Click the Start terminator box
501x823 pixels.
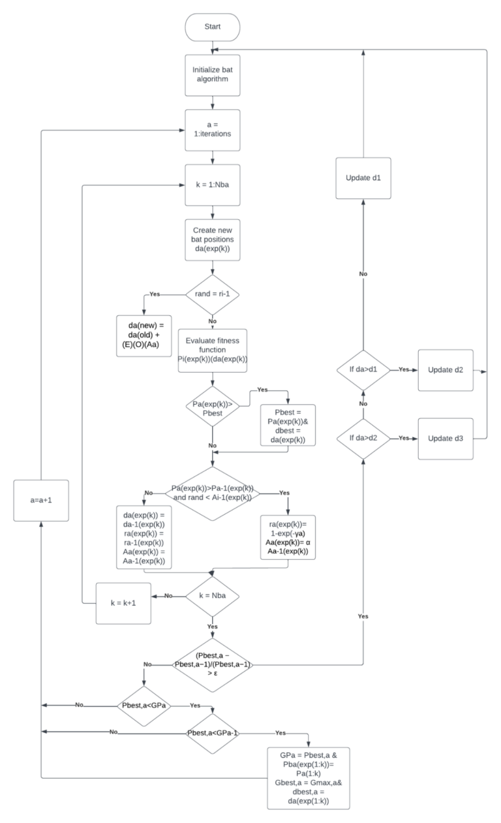(213, 27)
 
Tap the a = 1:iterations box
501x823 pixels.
(213, 130)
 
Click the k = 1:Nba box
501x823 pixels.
(213, 185)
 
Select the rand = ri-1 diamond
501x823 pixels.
(213, 294)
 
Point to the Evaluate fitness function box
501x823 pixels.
(213, 350)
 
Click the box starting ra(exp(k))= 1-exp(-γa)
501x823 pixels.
(287, 538)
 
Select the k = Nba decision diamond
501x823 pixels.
(213, 596)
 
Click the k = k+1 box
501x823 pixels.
(124, 602)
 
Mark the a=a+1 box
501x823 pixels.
(41, 500)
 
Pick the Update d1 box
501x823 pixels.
(363, 178)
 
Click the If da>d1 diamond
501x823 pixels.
(363, 370)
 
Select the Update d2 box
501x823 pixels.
(446, 370)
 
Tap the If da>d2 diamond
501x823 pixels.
(363, 438)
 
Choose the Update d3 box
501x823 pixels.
(446, 438)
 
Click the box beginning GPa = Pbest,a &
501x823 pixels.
(309, 777)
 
